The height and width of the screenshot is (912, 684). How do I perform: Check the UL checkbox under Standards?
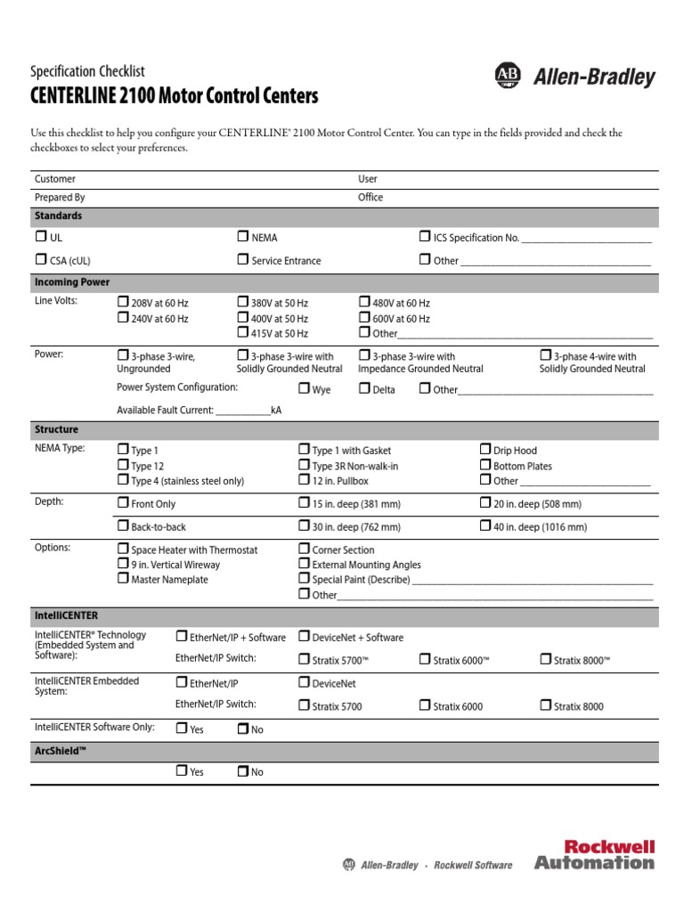pos(41,237)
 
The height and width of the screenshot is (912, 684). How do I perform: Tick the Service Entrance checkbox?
pos(242,259)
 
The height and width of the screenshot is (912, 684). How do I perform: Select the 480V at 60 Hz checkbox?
pos(364,302)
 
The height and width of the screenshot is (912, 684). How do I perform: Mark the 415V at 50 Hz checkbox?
pos(242,332)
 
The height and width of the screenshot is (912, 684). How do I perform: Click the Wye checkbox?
pos(304,388)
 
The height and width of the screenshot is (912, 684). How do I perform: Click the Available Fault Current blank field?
pos(242,411)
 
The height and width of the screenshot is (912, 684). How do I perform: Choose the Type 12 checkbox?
pos(123,465)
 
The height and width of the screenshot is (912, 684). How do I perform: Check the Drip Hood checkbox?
pos(485,449)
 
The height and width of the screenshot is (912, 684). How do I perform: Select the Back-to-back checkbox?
pos(123,525)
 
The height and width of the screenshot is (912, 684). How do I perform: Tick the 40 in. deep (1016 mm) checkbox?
pos(485,525)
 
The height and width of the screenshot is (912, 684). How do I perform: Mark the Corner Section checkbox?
pos(304,549)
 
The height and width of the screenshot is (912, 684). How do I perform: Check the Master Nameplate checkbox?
pos(123,578)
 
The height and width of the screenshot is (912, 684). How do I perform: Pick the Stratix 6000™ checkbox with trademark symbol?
pos(425,659)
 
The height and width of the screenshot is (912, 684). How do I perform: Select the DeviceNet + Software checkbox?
pos(304,636)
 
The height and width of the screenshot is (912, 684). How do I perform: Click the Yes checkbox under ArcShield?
pos(182,771)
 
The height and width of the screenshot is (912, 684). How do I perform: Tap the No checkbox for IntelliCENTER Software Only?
pos(242,729)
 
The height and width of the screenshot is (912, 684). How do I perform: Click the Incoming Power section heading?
pos(72,282)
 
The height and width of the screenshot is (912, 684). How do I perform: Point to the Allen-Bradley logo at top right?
pos(574,77)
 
